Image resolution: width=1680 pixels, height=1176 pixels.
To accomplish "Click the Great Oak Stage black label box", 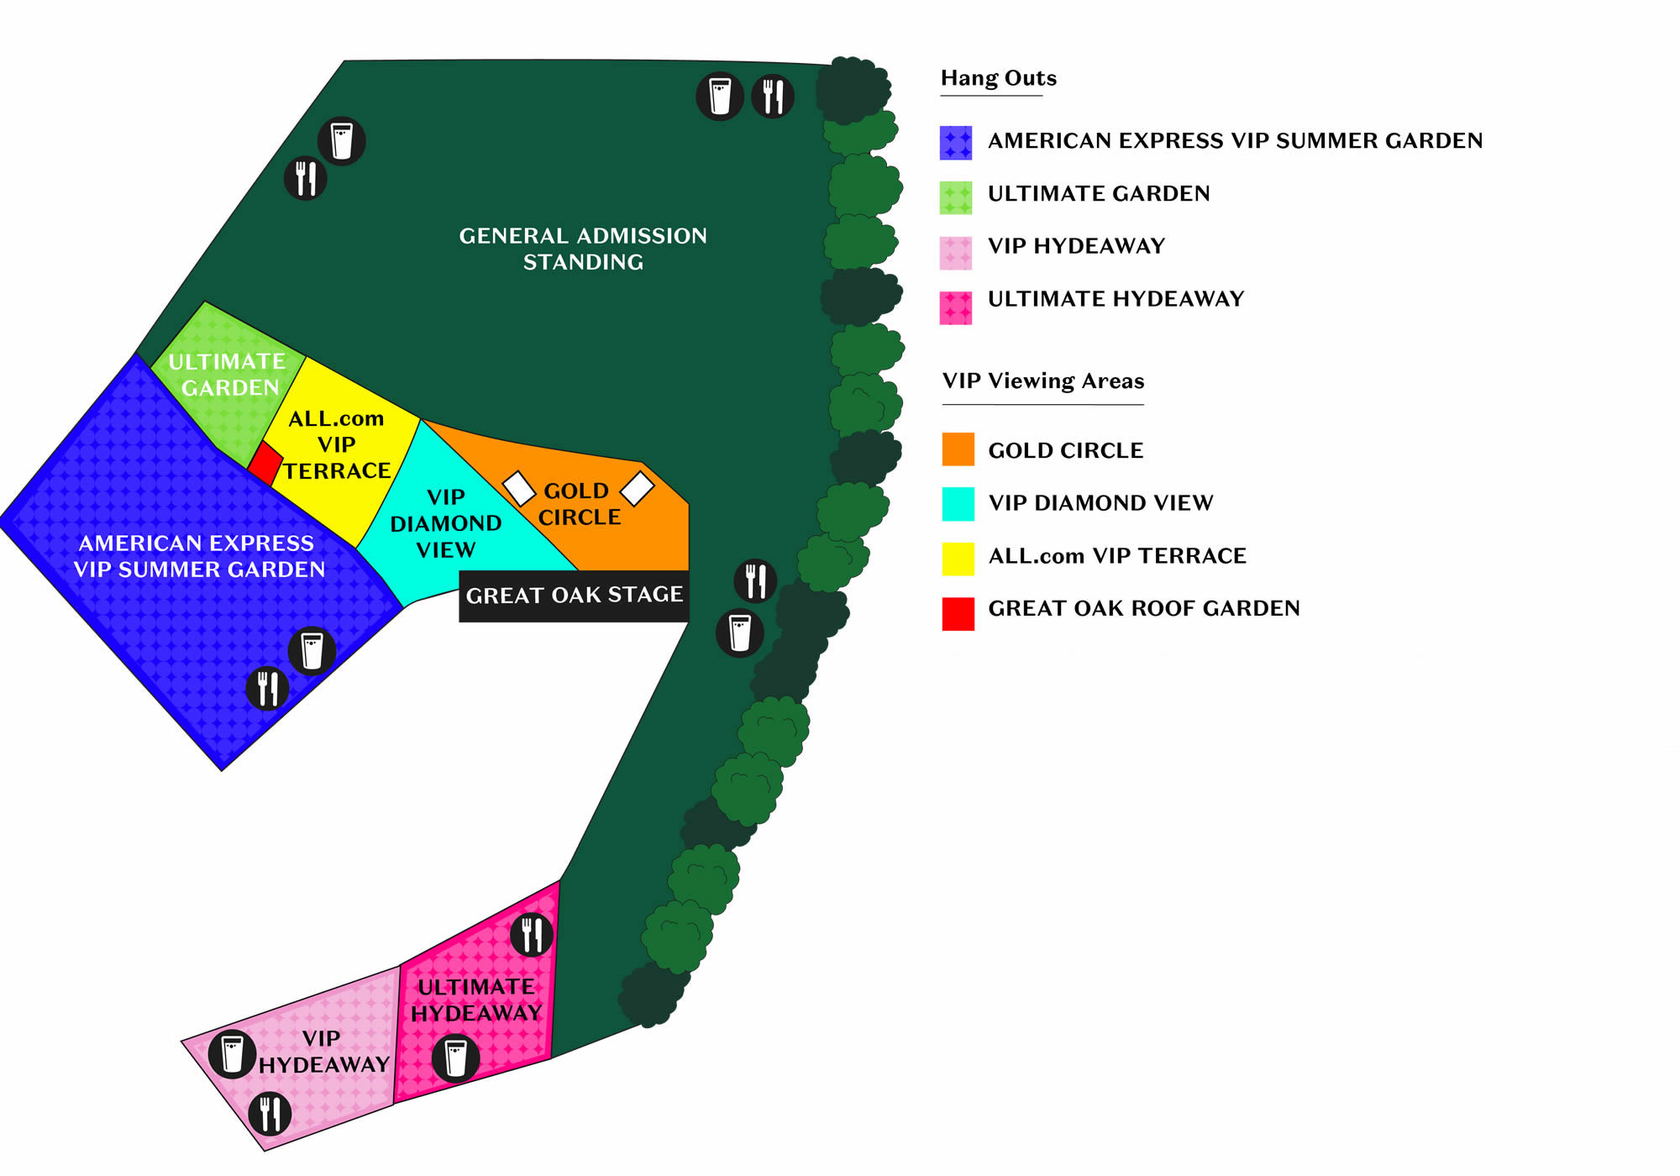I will (x=574, y=596).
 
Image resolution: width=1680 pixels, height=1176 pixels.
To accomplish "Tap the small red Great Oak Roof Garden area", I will (x=265, y=462).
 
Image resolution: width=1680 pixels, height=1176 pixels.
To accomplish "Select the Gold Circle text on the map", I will (x=578, y=504).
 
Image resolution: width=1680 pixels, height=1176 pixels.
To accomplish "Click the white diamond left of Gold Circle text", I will (x=518, y=489).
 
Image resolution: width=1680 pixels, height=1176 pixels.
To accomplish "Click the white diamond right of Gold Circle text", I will (x=637, y=488).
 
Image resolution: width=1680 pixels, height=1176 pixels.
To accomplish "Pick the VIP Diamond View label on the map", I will (x=446, y=523).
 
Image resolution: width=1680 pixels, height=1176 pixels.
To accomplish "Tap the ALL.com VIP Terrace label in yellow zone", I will (x=337, y=444).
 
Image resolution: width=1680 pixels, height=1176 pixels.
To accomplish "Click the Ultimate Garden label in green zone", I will (x=228, y=375).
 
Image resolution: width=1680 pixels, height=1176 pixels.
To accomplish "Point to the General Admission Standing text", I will (x=583, y=249).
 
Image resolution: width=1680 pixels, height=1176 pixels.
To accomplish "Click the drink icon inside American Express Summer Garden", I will (x=312, y=651).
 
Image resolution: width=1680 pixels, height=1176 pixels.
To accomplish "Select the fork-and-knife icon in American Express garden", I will (x=267, y=689).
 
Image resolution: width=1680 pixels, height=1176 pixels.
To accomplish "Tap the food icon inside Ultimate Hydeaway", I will (x=532, y=934).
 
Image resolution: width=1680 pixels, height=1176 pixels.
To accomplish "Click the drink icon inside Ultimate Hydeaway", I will (x=455, y=1058).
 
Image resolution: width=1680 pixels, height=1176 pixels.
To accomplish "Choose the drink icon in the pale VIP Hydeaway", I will (x=232, y=1054).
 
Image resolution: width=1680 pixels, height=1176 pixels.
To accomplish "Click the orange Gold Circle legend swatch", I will (x=958, y=449).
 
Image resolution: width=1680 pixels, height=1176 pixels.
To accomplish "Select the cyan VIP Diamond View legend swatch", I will (x=958, y=503).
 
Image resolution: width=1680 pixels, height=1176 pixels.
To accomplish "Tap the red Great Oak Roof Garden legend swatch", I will (x=958, y=613).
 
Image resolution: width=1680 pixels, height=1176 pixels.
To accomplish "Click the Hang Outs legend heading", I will (x=998, y=78).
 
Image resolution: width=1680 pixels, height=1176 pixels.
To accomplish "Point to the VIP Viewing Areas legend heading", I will (x=1042, y=381).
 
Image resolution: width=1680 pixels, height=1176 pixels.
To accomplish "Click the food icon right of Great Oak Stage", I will (x=755, y=580).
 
